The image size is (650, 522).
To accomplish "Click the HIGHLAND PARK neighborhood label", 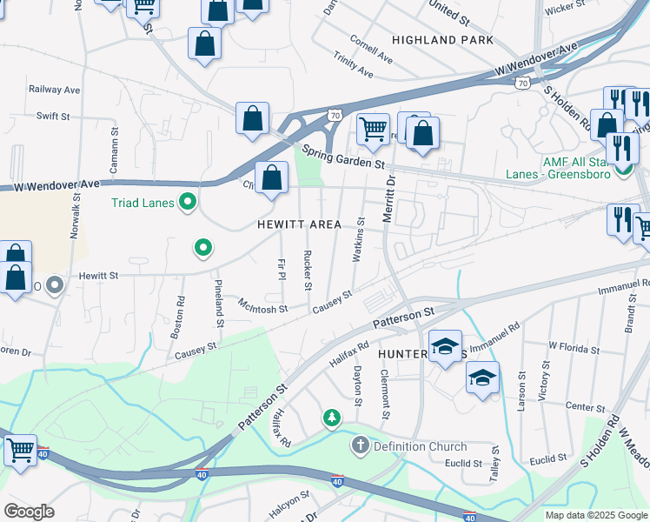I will click(442, 40).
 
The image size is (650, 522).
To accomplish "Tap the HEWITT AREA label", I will click(299, 224).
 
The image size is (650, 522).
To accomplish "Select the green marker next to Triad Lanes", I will click(187, 204).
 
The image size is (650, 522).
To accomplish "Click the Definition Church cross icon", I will click(361, 446).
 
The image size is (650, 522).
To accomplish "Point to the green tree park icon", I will click(331, 419).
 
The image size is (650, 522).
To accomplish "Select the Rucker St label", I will click(308, 271).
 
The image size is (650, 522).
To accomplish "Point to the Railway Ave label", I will click(54, 90).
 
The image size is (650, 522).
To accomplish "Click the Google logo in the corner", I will click(30, 511).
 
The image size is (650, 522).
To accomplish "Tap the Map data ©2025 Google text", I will click(595, 515).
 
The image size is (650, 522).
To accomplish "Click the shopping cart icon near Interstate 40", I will click(20, 450).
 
